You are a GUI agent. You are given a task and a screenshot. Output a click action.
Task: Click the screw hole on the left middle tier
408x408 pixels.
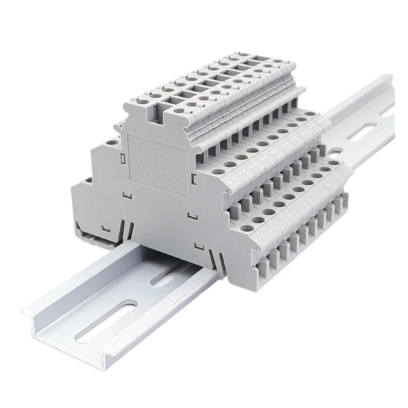click(x=111, y=142)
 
